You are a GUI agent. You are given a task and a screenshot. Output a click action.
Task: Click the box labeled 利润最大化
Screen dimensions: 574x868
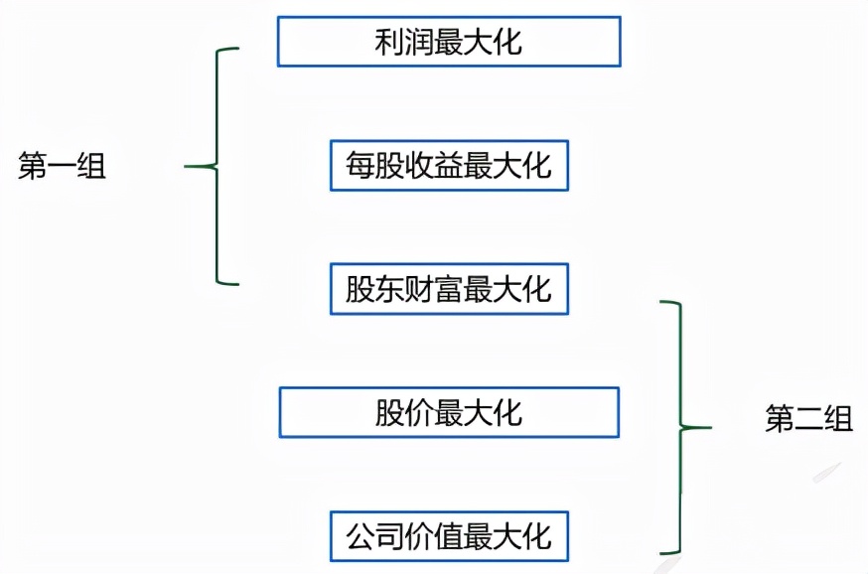pyautogui.click(x=449, y=42)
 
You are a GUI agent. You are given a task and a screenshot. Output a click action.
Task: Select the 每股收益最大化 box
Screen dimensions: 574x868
pyautogui.click(x=449, y=165)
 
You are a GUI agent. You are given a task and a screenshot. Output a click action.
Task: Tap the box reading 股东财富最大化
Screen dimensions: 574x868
pyautogui.click(x=449, y=290)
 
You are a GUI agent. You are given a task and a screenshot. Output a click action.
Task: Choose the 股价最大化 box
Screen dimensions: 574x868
pyautogui.click(x=449, y=412)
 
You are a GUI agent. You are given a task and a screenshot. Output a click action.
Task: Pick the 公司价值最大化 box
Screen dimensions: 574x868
pyautogui.click(x=449, y=536)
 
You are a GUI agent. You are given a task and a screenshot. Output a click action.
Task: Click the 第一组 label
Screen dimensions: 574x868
pyautogui.click(x=62, y=167)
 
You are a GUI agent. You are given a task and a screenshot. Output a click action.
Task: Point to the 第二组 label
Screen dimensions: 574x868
pyautogui.click(x=808, y=418)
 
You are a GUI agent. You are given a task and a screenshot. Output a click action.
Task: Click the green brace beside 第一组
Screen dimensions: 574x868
pyautogui.click(x=217, y=166)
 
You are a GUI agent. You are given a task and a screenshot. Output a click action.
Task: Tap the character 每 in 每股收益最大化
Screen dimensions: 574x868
pyautogui.click(x=360, y=166)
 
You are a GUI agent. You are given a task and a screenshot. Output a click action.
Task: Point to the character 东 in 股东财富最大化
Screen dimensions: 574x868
pyautogui.click(x=389, y=290)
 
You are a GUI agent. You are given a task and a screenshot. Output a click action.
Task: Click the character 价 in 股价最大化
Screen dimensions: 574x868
pyautogui.click(x=419, y=413)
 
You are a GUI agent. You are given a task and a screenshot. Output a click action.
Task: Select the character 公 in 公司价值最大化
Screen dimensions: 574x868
pyautogui.click(x=360, y=537)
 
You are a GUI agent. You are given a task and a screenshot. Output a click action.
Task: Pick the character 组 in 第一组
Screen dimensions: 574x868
pyautogui.click(x=91, y=167)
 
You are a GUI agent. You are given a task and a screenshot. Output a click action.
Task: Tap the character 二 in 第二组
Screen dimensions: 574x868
pyautogui.click(x=808, y=418)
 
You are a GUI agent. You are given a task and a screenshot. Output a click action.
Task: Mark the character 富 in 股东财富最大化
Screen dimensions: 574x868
pyautogui.click(x=449, y=290)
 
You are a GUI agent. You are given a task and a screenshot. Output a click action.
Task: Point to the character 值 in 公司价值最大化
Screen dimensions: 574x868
pyautogui.click(x=449, y=537)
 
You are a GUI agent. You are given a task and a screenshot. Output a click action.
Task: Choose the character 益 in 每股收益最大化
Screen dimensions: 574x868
pyautogui.click(x=449, y=166)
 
